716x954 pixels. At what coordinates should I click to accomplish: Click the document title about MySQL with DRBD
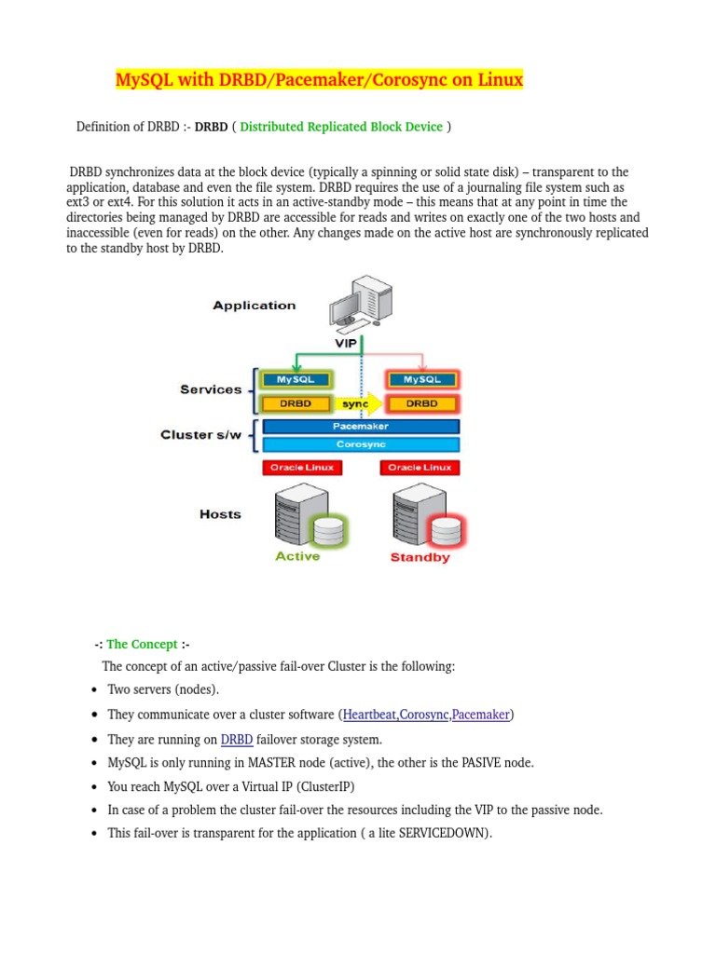pyautogui.click(x=319, y=81)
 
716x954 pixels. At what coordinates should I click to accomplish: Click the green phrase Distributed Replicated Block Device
pyautogui.click(x=341, y=127)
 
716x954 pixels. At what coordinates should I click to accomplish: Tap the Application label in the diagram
pyautogui.click(x=254, y=306)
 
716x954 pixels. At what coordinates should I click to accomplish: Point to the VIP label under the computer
pyautogui.click(x=347, y=343)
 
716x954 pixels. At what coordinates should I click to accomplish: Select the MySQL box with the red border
pyautogui.click(x=421, y=379)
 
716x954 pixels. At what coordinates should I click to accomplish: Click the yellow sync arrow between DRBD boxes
pyautogui.click(x=359, y=404)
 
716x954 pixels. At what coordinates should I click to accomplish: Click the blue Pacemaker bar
pyautogui.click(x=360, y=426)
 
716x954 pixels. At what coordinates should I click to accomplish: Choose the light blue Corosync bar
pyautogui.click(x=360, y=445)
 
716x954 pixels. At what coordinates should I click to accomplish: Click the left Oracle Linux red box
pyautogui.click(x=296, y=468)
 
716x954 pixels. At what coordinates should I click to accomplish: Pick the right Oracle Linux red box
pyautogui.click(x=420, y=468)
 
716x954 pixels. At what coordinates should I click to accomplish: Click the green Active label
pyautogui.click(x=297, y=556)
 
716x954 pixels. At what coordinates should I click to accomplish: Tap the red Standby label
pyautogui.click(x=420, y=557)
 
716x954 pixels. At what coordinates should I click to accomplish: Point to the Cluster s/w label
pyautogui.click(x=200, y=435)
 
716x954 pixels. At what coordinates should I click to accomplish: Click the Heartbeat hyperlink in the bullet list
pyautogui.click(x=369, y=715)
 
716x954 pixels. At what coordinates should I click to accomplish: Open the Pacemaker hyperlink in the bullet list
pyautogui.click(x=480, y=715)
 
